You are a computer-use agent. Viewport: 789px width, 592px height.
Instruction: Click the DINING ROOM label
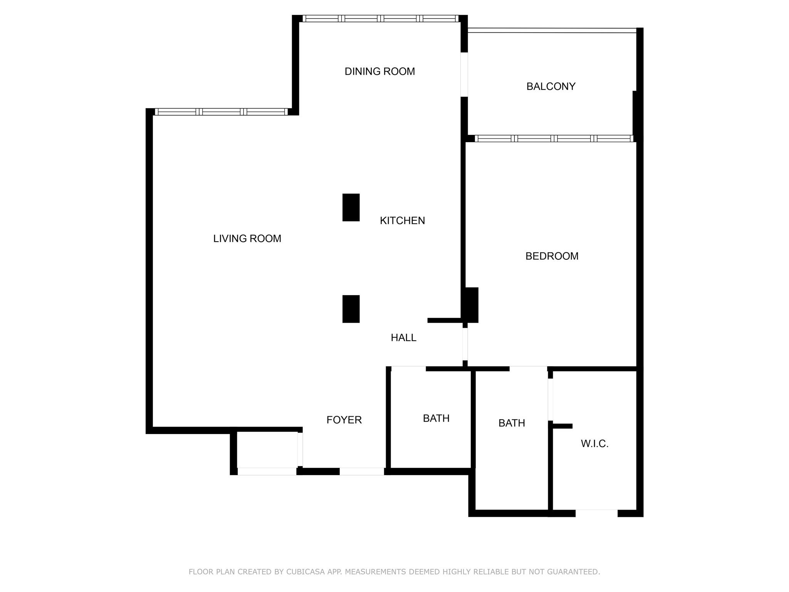coord(379,71)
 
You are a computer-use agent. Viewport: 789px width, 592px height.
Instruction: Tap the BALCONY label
coord(551,86)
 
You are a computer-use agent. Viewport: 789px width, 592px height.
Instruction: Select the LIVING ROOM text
coord(247,239)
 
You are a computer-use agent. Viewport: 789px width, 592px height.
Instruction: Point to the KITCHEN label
coord(402,220)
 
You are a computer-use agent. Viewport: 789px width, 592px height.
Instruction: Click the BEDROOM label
coord(552,256)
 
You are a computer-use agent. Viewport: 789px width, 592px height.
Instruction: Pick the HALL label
coord(403,338)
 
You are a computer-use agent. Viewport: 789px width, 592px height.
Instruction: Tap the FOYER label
coord(344,420)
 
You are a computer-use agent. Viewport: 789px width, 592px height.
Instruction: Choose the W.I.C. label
coord(594,444)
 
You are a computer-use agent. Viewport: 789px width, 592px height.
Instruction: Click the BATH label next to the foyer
coord(436,418)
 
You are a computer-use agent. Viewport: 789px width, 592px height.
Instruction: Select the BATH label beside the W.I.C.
coord(512,423)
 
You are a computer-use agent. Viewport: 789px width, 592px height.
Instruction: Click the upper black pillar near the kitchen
coord(351,207)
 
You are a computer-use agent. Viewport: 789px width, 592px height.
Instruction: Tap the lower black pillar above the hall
coord(351,309)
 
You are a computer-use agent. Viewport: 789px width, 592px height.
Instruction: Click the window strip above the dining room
coord(380,18)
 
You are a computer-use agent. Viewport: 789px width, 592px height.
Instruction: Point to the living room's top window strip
coord(221,112)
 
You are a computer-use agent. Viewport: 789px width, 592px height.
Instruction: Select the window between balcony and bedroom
coord(554,139)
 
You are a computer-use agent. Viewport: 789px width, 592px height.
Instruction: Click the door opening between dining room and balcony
coord(464,74)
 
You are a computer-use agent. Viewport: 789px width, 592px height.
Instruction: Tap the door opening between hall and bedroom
coord(465,344)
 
